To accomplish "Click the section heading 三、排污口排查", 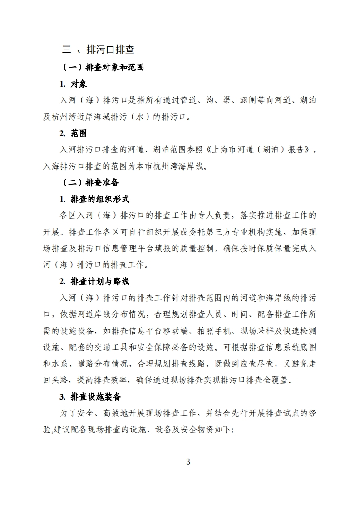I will (98, 49).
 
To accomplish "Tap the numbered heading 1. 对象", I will (73, 84).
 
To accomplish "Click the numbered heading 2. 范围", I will (73, 133).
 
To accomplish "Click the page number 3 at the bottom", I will (188, 462).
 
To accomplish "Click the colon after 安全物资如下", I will (232, 430).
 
